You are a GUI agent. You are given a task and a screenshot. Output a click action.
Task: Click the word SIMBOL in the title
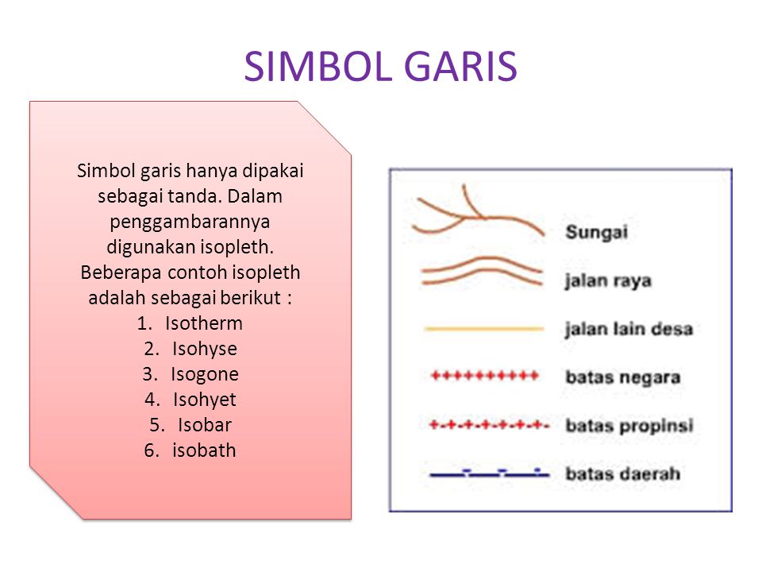[318, 66]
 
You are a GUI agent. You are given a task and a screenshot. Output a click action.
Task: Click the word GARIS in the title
[460, 66]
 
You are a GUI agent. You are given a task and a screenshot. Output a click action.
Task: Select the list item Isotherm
[204, 323]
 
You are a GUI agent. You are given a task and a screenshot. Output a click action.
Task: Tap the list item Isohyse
[205, 349]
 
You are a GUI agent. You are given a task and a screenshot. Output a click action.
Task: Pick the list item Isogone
[205, 374]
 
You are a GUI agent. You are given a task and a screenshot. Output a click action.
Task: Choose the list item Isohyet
[205, 400]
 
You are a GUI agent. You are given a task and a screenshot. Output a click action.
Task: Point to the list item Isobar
[205, 424]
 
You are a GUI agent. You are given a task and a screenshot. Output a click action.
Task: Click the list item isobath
[204, 450]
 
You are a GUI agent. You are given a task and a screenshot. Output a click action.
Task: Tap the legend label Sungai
[596, 232]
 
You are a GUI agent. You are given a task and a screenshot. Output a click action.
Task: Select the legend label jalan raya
[607, 280]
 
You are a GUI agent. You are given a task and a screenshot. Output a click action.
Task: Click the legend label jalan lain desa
[629, 329]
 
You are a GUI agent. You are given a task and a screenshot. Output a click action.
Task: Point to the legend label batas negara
[622, 377]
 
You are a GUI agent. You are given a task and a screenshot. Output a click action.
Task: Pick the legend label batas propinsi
[629, 426]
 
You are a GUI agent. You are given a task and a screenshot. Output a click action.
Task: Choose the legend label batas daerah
[622, 473]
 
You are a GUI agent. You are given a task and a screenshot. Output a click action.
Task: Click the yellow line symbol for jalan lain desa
[483, 329]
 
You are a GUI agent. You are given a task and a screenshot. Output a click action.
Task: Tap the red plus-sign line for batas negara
[485, 376]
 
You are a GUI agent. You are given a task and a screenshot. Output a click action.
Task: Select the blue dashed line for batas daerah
[490, 473]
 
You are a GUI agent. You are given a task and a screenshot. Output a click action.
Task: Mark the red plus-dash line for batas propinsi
[489, 426]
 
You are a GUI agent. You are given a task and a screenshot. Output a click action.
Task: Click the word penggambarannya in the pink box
[190, 222]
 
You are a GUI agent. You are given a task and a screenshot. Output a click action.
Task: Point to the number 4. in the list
[152, 400]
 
